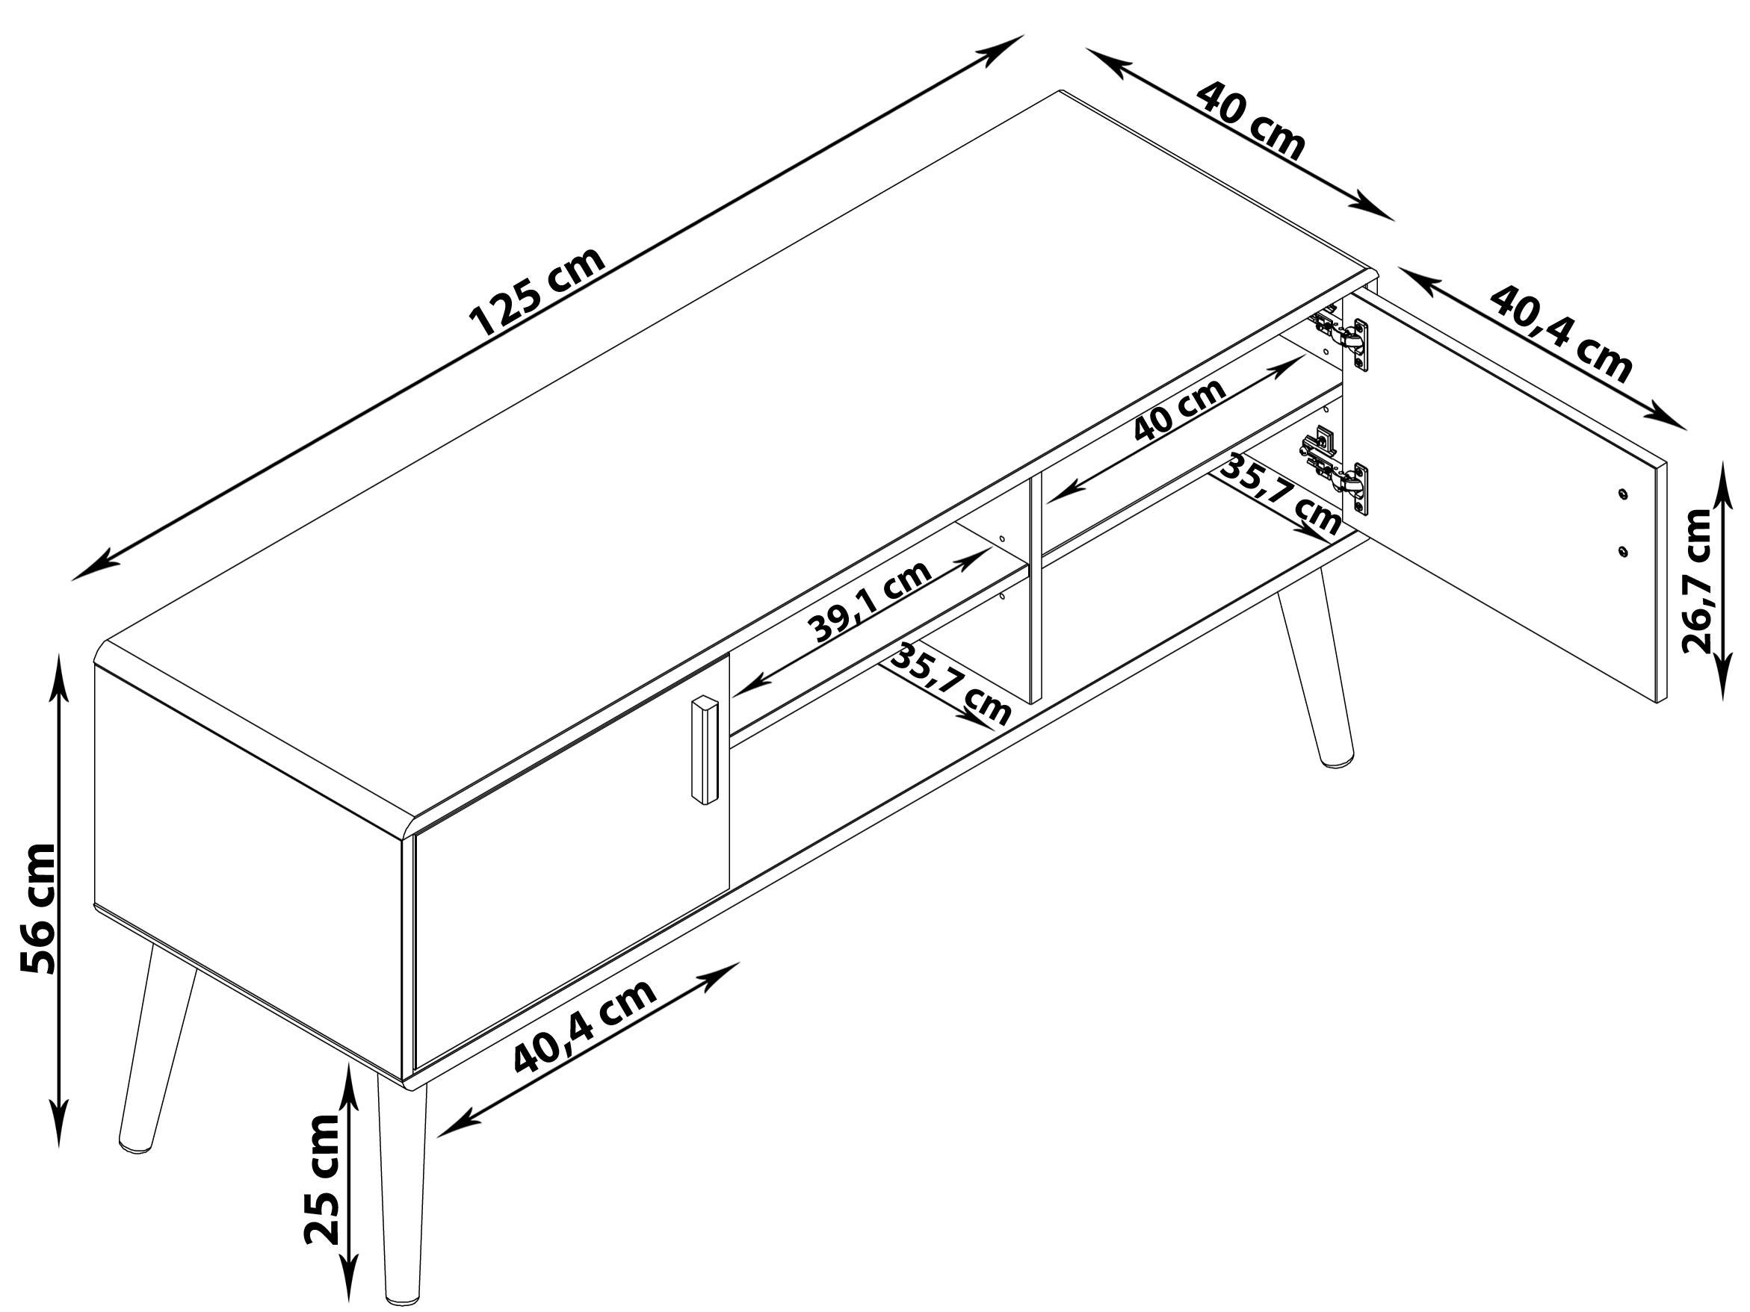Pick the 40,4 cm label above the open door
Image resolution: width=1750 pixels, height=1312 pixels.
pos(1561,335)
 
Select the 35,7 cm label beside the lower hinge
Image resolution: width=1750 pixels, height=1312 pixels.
pos(1280,495)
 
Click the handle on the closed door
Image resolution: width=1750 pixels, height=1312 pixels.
pos(703,750)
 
